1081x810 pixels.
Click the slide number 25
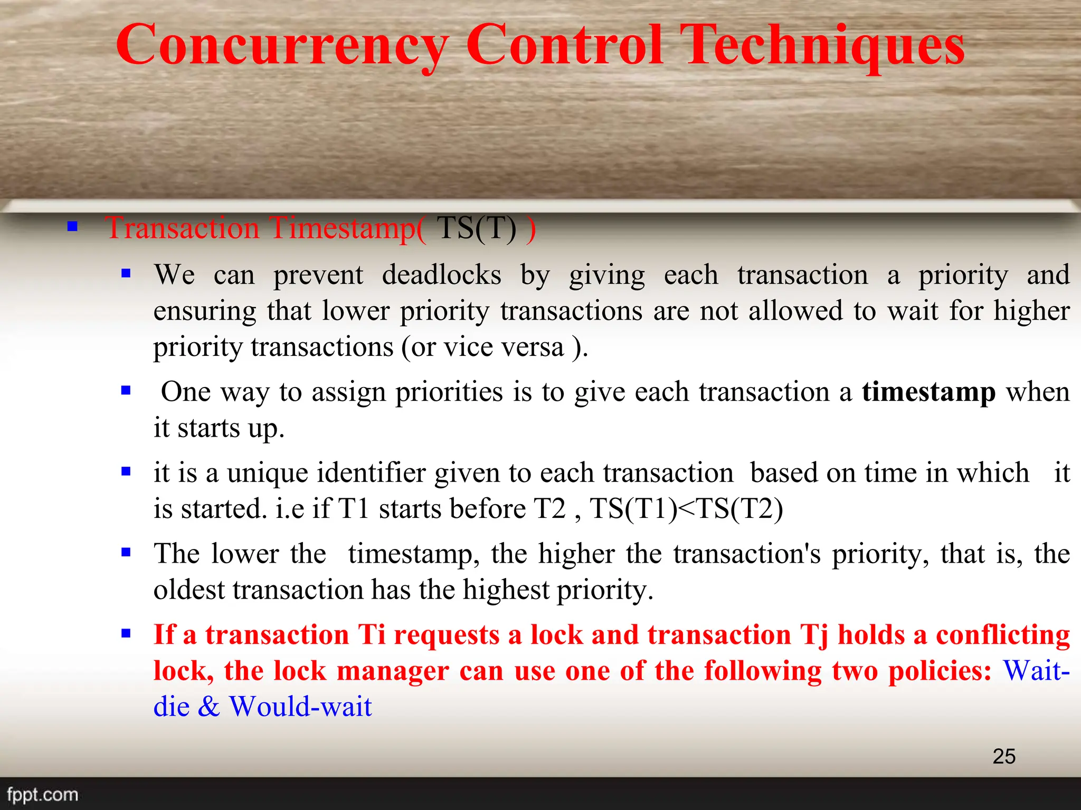[1003, 756]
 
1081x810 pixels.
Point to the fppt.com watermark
[42, 794]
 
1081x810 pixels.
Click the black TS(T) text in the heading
[477, 228]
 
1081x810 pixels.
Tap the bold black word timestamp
[928, 392]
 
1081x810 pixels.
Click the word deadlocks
[441, 275]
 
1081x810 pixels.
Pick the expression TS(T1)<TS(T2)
[686, 509]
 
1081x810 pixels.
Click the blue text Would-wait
[300, 707]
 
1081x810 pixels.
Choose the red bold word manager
[393, 671]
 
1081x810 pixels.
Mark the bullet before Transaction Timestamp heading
[72, 227]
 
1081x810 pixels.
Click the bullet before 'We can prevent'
[126, 273]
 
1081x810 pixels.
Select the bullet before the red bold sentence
[126, 633]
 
